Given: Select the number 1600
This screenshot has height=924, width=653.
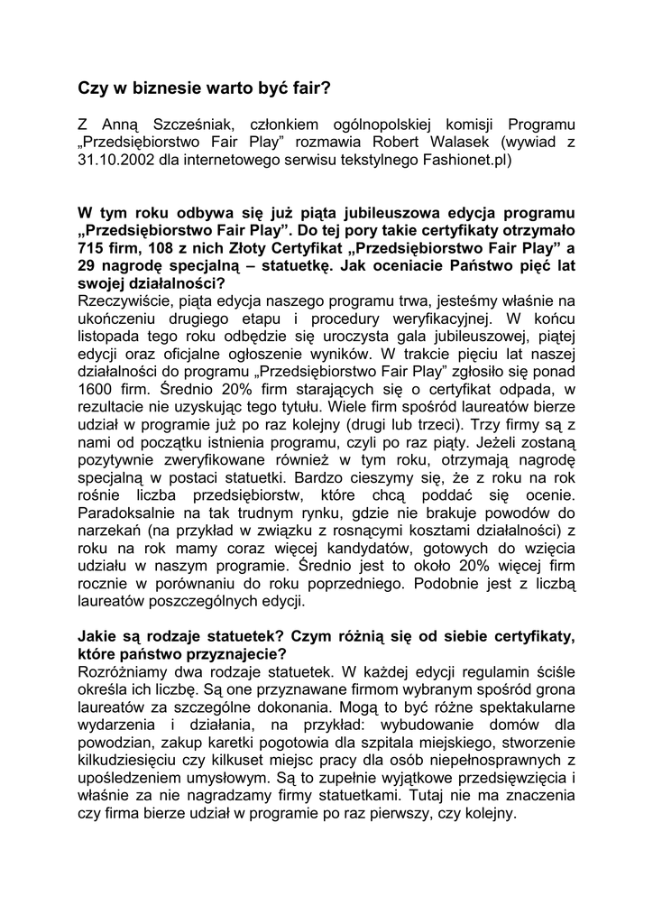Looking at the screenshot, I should (98, 390).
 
